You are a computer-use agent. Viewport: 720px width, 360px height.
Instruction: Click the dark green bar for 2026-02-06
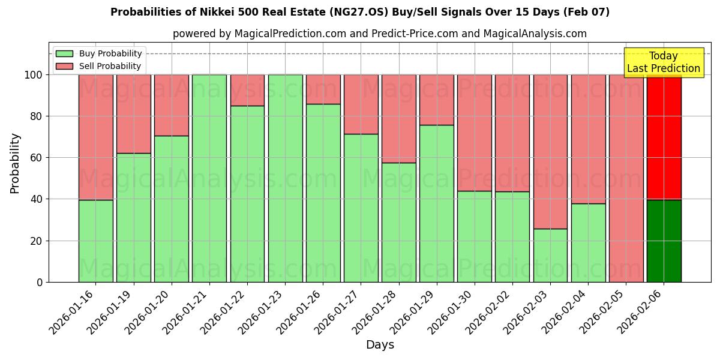coord(664,241)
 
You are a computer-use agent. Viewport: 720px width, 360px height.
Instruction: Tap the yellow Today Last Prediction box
coord(663,62)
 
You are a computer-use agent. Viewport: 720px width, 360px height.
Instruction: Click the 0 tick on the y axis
coord(40,282)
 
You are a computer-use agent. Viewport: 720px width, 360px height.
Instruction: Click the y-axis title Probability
coord(15,163)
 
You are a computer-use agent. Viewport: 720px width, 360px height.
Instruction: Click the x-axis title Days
coord(380,345)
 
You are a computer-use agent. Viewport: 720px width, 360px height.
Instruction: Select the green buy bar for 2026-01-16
coord(95,241)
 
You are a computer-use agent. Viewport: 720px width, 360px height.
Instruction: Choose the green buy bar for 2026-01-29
coord(437,203)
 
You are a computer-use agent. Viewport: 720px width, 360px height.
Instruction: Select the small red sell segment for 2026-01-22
coord(247,90)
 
